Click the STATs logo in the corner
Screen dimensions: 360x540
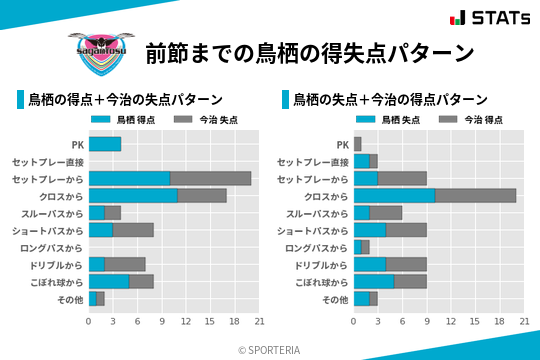pyautogui.click(x=489, y=17)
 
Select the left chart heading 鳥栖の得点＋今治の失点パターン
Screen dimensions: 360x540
pyautogui.click(x=125, y=100)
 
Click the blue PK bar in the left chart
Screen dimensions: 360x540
pyautogui.click(x=104, y=144)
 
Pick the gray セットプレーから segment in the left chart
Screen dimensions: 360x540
pyautogui.click(x=210, y=178)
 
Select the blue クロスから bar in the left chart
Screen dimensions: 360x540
pyautogui.click(x=133, y=195)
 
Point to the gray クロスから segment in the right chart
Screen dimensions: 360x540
pyautogui.click(x=475, y=195)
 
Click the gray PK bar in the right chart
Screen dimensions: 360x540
pyautogui.click(x=357, y=144)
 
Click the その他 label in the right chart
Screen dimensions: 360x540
pyautogui.click(x=333, y=299)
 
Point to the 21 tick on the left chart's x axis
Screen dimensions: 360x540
pyautogui.click(x=259, y=321)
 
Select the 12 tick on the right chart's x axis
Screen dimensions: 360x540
pyautogui.click(x=451, y=321)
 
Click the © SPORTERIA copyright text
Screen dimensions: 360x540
pyautogui.click(x=270, y=349)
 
